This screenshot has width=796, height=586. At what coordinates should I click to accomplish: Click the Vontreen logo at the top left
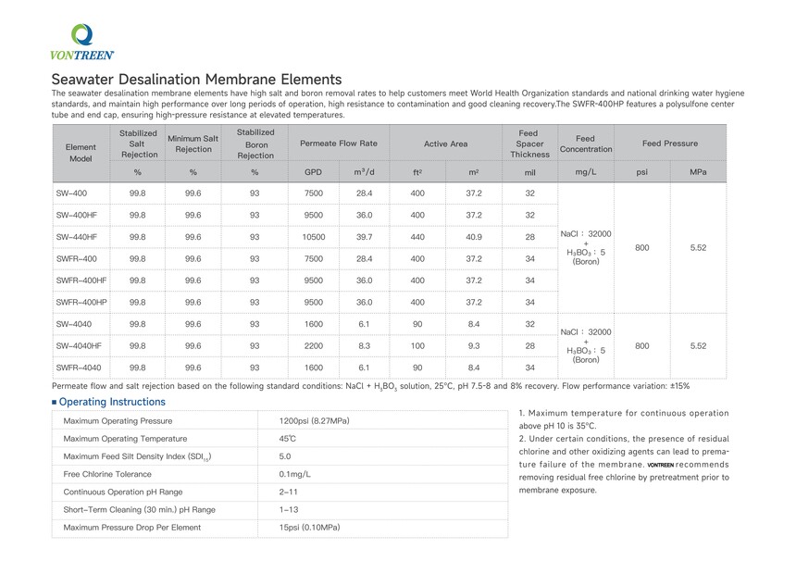(81, 42)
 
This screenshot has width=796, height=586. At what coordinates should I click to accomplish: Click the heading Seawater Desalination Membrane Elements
(196, 80)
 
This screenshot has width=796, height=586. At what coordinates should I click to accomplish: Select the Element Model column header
(81, 153)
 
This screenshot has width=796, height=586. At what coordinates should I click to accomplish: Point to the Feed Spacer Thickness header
(530, 143)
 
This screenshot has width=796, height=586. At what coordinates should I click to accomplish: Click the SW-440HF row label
(77, 237)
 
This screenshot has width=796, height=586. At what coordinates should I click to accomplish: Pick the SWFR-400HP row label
(81, 302)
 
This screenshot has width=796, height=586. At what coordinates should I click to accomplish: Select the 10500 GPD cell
(314, 237)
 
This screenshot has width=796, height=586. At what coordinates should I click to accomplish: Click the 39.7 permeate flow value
(364, 237)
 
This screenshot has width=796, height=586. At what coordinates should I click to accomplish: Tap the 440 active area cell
(417, 237)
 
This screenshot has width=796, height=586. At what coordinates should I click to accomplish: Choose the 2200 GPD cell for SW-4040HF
(314, 345)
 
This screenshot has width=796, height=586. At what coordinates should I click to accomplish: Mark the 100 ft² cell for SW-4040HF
(417, 345)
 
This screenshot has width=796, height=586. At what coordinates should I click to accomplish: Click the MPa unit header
(698, 172)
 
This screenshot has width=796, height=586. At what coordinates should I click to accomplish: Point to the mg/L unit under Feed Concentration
(585, 172)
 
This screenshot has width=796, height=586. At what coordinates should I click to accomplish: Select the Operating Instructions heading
(112, 402)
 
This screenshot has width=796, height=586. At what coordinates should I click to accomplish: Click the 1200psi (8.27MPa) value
(314, 421)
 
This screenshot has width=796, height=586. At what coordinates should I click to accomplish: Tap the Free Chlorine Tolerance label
(108, 474)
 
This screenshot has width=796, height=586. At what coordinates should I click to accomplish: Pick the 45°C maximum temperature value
(288, 439)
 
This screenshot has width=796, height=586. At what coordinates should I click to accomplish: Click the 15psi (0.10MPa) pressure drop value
(309, 528)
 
